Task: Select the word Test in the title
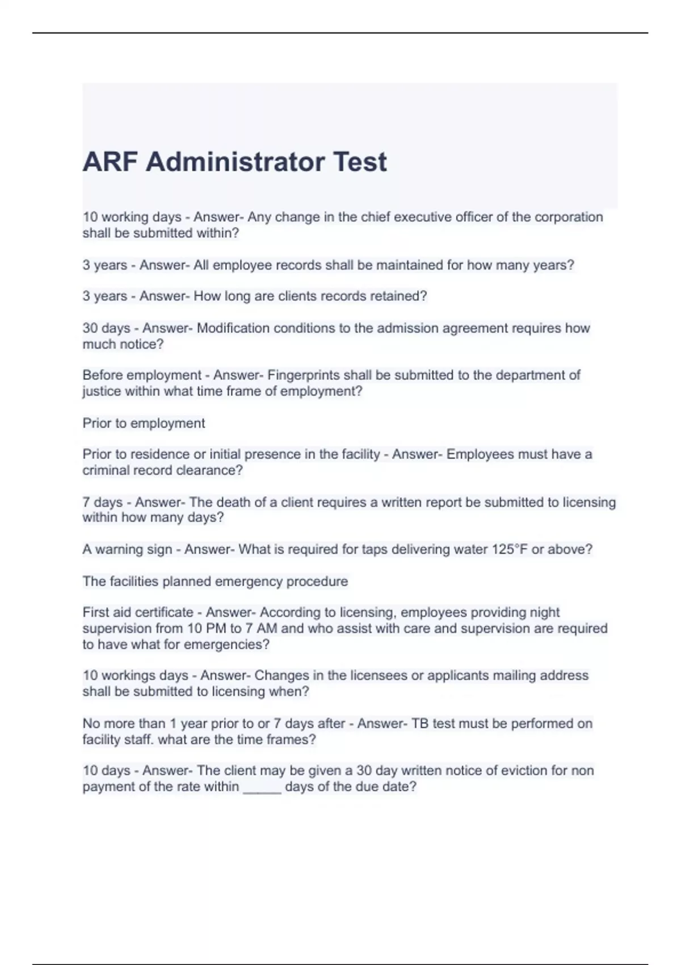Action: coord(360,162)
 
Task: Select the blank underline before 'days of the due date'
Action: coord(262,787)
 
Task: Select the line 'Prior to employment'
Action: coord(144,423)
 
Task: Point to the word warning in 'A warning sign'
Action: coord(116,549)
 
